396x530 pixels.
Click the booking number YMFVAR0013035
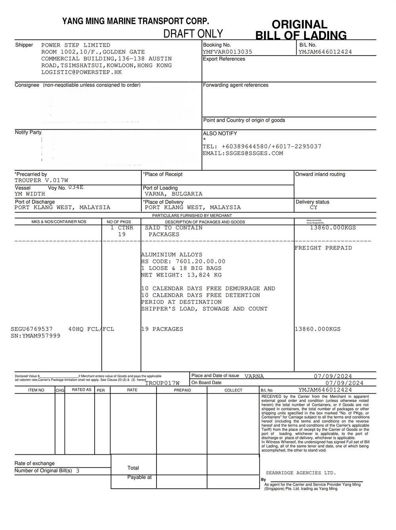click(x=227, y=52)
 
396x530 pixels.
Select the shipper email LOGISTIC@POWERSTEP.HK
click(x=82, y=72)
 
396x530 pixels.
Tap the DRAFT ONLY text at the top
click(x=193, y=34)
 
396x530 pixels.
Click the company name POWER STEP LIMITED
click(x=76, y=45)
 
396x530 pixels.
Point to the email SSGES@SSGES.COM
click(x=243, y=153)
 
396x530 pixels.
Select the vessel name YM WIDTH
click(x=30, y=194)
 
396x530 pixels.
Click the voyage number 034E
click(x=76, y=187)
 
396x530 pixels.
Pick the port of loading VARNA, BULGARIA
click(x=173, y=194)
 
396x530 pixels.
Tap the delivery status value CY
click(x=313, y=207)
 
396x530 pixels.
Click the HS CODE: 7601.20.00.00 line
click(x=183, y=262)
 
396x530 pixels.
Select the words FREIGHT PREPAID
click(x=323, y=248)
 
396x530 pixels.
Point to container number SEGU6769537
click(x=32, y=329)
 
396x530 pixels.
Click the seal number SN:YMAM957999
click(x=36, y=336)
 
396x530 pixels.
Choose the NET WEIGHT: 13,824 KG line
click(x=181, y=275)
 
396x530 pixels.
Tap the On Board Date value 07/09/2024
click(x=344, y=383)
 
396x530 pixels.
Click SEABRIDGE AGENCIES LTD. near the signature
click(x=301, y=473)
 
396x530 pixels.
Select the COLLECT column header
click(x=233, y=390)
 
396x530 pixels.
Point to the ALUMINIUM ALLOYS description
click(x=171, y=255)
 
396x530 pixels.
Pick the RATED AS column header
click(x=82, y=390)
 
